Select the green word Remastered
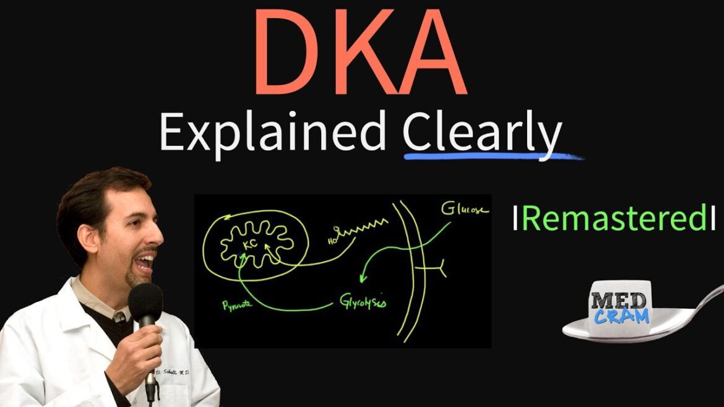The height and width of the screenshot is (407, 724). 613,219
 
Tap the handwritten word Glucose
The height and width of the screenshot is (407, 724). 464,209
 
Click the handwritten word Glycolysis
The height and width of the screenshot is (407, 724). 363,302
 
